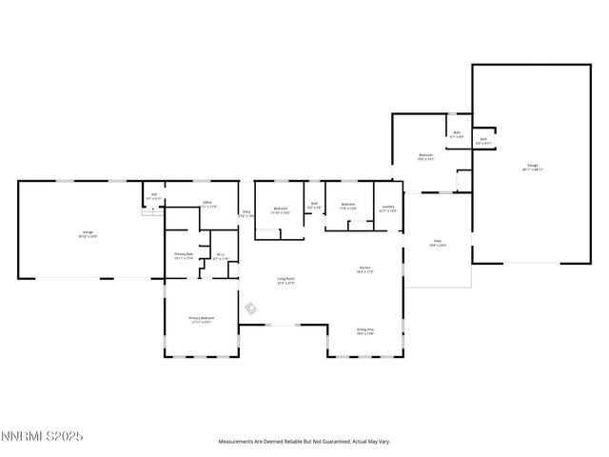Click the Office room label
[206, 204]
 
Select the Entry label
[246, 213]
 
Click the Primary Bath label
[184, 255]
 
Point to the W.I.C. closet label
[220, 255]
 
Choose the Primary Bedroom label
[201, 319]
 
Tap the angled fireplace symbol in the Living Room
[251, 308]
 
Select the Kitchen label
[364, 269]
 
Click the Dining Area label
[364, 331]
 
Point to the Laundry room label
[388, 209]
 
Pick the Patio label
[439, 244]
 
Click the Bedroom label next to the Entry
[281, 209]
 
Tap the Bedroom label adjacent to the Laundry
[348, 205]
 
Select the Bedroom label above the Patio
[426, 157]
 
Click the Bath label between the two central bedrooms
[314, 204]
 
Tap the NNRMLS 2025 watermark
[42, 436]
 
